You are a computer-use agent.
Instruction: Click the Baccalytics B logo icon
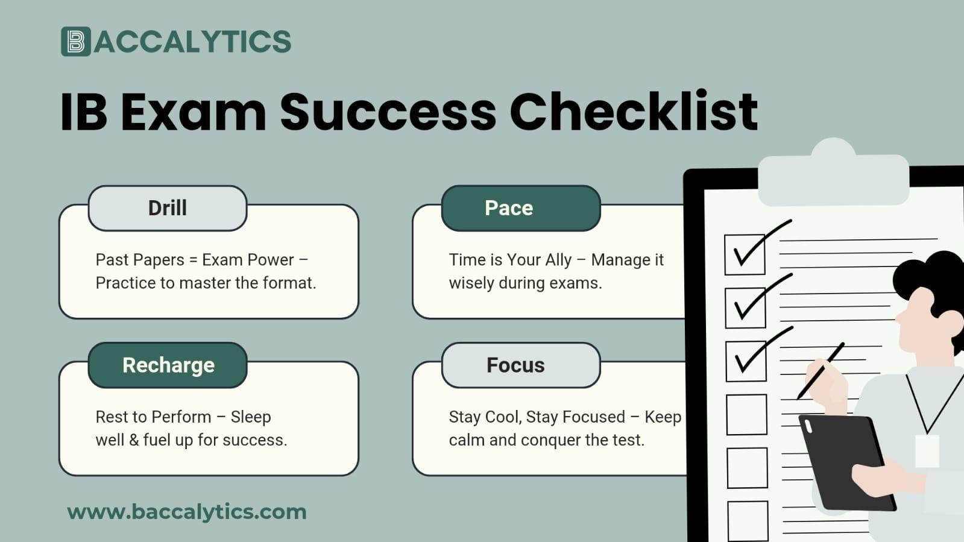pyautogui.click(x=75, y=42)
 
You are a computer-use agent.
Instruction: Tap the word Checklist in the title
pyautogui.click(x=634, y=112)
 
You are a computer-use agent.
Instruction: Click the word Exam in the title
pyautogui.click(x=193, y=112)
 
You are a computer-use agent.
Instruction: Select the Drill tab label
pyautogui.click(x=168, y=208)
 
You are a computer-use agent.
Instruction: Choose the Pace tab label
pyautogui.click(x=509, y=208)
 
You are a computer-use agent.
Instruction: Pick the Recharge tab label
pyautogui.click(x=168, y=365)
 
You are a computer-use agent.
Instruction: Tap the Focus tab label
pyautogui.click(x=515, y=365)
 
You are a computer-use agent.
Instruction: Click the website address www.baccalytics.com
pyautogui.click(x=187, y=512)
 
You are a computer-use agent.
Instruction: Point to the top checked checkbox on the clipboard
pyautogui.click(x=745, y=254)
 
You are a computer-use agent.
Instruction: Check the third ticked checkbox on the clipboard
pyautogui.click(x=746, y=361)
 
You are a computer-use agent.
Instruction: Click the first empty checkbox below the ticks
pyautogui.click(x=746, y=415)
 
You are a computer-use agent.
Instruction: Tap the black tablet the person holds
pyautogui.click(x=847, y=461)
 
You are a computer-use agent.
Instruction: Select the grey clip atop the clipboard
pyautogui.click(x=833, y=175)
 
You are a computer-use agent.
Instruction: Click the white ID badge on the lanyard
pyautogui.click(x=927, y=451)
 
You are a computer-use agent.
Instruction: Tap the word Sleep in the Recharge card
pyautogui.click(x=251, y=417)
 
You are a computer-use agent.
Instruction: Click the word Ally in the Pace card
pyautogui.click(x=558, y=260)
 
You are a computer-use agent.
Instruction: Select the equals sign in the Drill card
pyautogui.click(x=193, y=260)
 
